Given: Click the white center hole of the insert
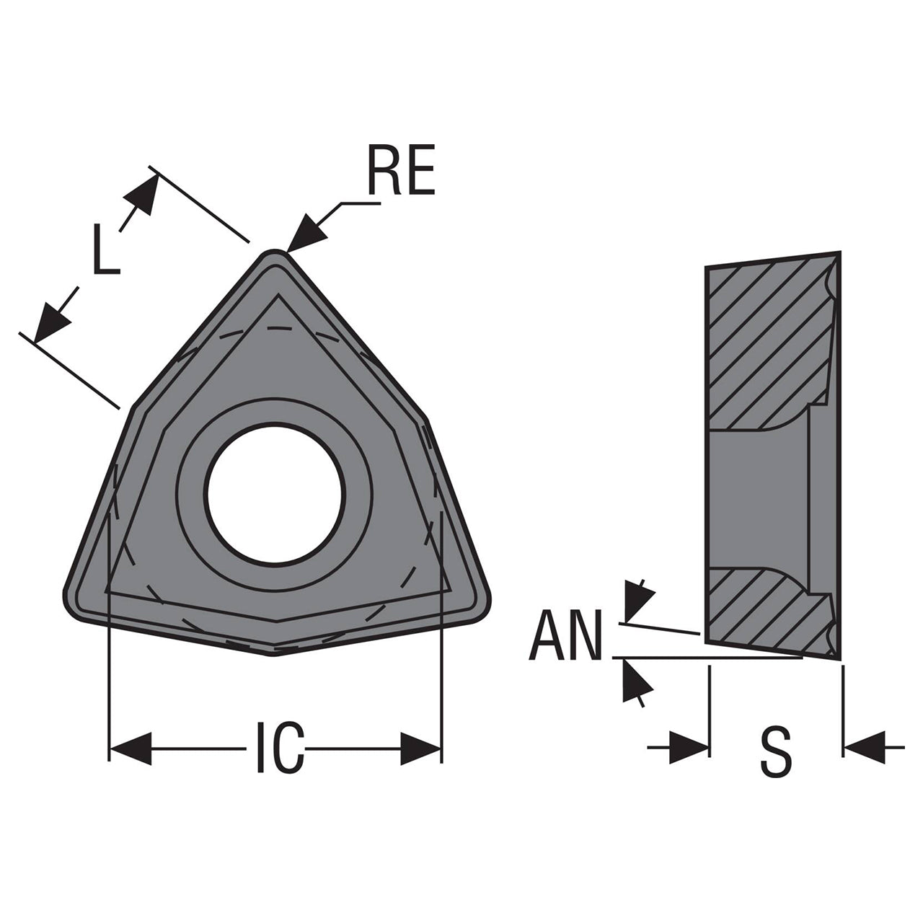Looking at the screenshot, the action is click(x=274, y=494).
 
